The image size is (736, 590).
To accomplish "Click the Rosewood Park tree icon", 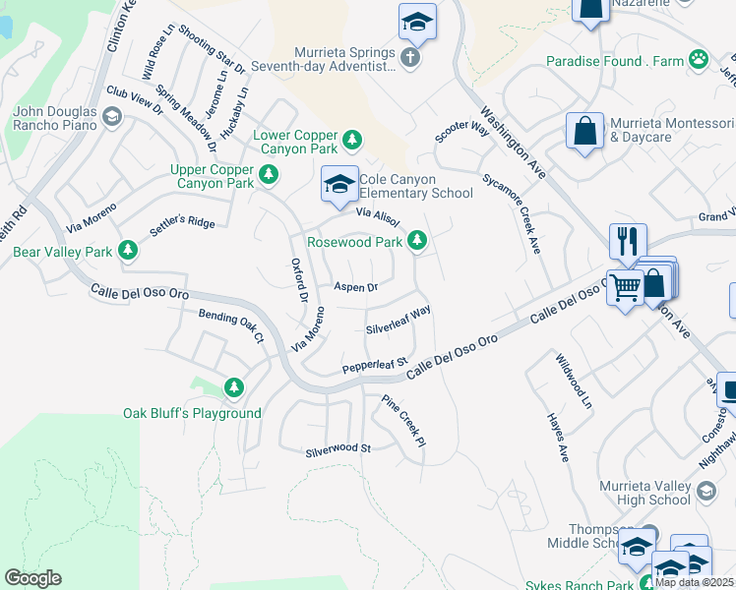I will (x=418, y=240).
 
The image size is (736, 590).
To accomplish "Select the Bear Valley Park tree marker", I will (x=127, y=252).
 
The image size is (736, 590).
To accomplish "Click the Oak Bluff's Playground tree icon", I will (x=234, y=388).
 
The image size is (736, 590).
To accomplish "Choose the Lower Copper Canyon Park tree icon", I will (x=353, y=142).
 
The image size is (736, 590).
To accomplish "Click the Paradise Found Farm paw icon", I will (x=699, y=60).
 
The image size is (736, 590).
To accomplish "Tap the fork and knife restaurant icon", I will (x=626, y=241).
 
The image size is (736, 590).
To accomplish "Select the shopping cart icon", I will (x=624, y=287).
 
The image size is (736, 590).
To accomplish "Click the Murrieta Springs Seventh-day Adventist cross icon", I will (x=410, y=58).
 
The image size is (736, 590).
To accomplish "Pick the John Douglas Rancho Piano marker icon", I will (x=112, y=118).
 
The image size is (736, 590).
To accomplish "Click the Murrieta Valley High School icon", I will (x=705, y=492).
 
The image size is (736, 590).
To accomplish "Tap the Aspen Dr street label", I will (x=356, y=287).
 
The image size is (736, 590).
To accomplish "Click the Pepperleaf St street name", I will (x=374, y=366).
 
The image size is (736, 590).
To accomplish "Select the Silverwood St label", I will (x=337, y=448).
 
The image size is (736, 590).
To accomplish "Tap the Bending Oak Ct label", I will (x=231, y=325).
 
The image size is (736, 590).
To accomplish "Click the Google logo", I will (x=32, y=578).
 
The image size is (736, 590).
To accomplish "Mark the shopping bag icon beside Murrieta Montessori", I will (x=584, y=132).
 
